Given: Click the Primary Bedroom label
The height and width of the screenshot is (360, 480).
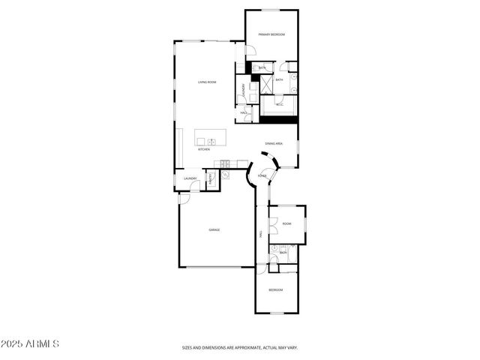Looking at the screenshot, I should pos(271,34).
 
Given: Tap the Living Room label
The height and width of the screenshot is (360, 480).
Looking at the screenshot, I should pos(207,82).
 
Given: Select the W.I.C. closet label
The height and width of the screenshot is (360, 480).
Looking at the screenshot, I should pos(279,105).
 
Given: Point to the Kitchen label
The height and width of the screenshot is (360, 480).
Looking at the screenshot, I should pos(203,149).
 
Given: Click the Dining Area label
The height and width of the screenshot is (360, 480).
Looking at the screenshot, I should pos(274,143).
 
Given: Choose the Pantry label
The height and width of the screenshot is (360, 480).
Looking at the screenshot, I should pos(211,178).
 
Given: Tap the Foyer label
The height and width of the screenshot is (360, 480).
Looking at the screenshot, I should pos(262,175).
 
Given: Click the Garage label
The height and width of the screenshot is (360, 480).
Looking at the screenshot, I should pos(214,229).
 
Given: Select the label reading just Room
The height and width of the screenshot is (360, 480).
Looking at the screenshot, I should pos(286,223).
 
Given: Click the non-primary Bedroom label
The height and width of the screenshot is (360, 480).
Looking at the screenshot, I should pos(276,289).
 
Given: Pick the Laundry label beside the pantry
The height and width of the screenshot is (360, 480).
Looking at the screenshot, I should pos(190,178).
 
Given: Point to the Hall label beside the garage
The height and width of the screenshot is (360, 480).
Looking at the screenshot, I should pos(260,234).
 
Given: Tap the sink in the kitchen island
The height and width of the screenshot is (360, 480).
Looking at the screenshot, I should pos(211,140).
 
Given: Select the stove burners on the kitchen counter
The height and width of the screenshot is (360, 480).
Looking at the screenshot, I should pos(223,164).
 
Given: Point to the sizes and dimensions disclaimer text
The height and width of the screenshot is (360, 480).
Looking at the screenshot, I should pos(239,347).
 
